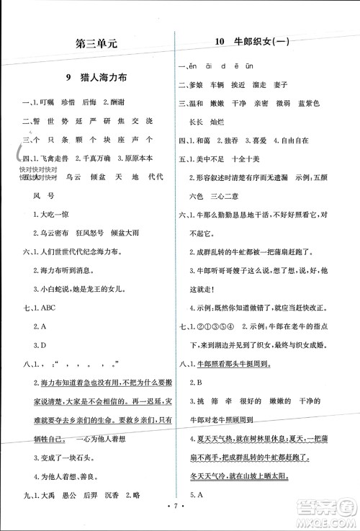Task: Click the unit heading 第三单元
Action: point(96,43)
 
